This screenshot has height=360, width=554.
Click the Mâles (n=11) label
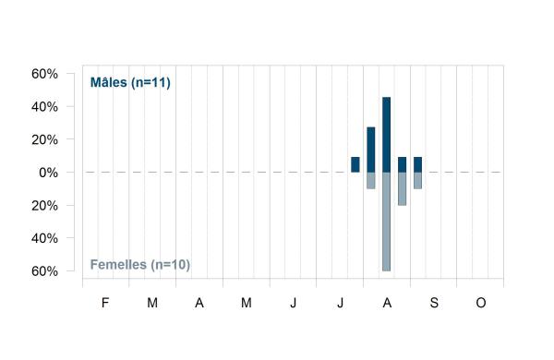click(130, 82)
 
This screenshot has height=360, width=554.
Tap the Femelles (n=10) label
click(140, 264)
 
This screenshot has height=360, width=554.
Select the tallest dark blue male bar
click(387, 135)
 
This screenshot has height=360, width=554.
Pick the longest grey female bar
click(387, 222)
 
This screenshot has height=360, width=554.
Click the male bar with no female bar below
click(355, 164)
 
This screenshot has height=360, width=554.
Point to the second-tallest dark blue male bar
click(371, 150)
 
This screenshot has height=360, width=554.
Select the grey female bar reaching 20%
click(402, 188)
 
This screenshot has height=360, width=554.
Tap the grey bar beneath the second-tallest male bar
click(371, 181)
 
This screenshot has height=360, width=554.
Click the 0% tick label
click(48, 173)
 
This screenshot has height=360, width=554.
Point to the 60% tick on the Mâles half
click(44, 74)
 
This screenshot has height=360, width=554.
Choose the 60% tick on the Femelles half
click(44, 271)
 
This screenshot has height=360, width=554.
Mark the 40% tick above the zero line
click(44, 107)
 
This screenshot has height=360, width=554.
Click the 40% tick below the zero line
click(44, 238)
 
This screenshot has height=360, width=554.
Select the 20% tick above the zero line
click(44, 140)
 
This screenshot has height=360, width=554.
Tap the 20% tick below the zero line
click(44, 206)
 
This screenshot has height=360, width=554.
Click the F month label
click(105, 303)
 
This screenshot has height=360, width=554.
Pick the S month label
click(434, 303)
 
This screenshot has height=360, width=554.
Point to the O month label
click(481, 303)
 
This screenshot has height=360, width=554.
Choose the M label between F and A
click(152, 303)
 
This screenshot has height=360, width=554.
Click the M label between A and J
click(247, 303)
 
